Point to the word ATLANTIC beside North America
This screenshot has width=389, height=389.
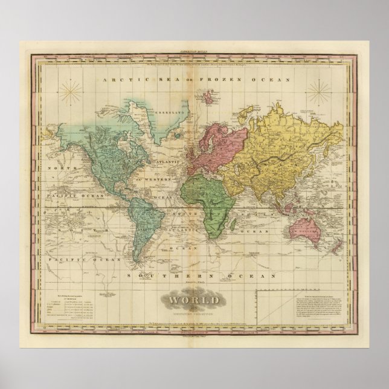[159, 161]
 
